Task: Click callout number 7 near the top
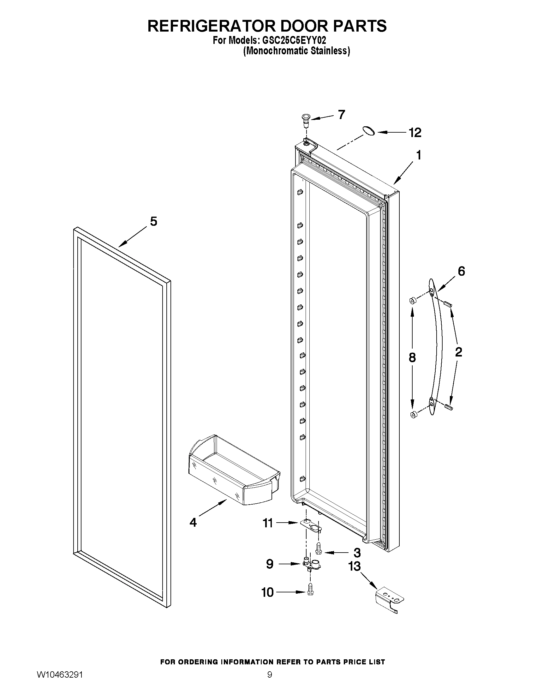point(341,114)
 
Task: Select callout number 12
point(415,132)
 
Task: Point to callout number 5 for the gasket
point(153,221)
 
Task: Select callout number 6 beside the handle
point(461,271)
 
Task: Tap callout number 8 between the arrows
point(412,358)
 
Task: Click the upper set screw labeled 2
point(448,304)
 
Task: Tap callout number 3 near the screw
point(357,553)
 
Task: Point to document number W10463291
point(59,682)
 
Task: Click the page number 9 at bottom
point(269,682)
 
